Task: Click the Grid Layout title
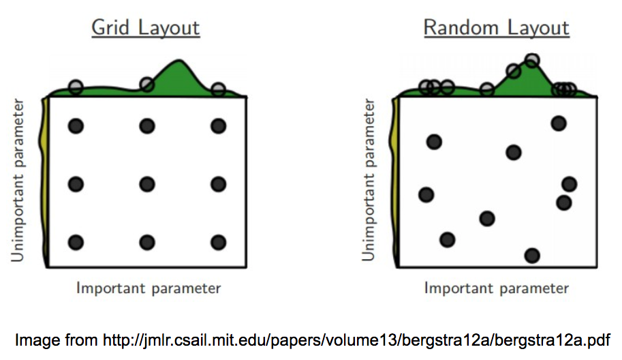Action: click(x=145, y=28)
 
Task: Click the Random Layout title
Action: click(x=496, y=28)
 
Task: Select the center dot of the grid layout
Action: click(x=146, y=184)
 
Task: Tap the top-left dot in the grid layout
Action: click(x=76, y=125)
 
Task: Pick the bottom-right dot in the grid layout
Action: click(x=218, y=242)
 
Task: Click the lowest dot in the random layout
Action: click(x=532, y=255)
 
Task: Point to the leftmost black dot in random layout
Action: click(x=426, y=195)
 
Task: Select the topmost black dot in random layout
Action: click(x=559, y=123)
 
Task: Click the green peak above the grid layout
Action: click(x=179, y=68)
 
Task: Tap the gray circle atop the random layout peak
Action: click(x=532, y=61)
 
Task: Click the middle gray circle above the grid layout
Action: click(x=146, y=85)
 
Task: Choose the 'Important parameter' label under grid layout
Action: click(x=149, y=288)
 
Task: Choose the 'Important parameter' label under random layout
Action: click(x=496, y=288)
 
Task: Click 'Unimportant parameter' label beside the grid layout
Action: click(x=19, y=180)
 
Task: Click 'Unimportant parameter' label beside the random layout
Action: click(x=369, y=180)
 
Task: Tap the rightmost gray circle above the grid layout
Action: click(x=218, y=89)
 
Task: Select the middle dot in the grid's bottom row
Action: click(x=146, y=242)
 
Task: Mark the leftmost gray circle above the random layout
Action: click(x=425, y=87)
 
